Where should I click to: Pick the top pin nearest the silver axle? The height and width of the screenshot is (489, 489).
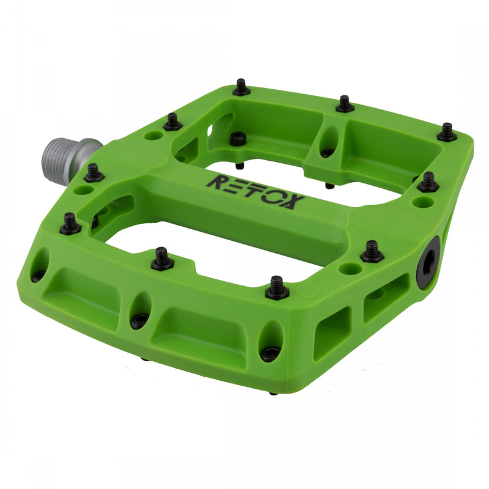pos(94,174)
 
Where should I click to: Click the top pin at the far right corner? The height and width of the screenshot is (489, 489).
pos(447,132)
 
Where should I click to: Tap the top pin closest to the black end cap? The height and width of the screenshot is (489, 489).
pos(371,251)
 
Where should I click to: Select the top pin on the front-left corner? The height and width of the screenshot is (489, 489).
pos(70,224)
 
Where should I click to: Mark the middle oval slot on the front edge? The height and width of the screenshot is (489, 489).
pos(140,310)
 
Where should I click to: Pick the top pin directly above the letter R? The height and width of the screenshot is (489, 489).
pos(172,122)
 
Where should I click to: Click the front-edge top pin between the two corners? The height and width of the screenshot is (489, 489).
pos(161,259)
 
